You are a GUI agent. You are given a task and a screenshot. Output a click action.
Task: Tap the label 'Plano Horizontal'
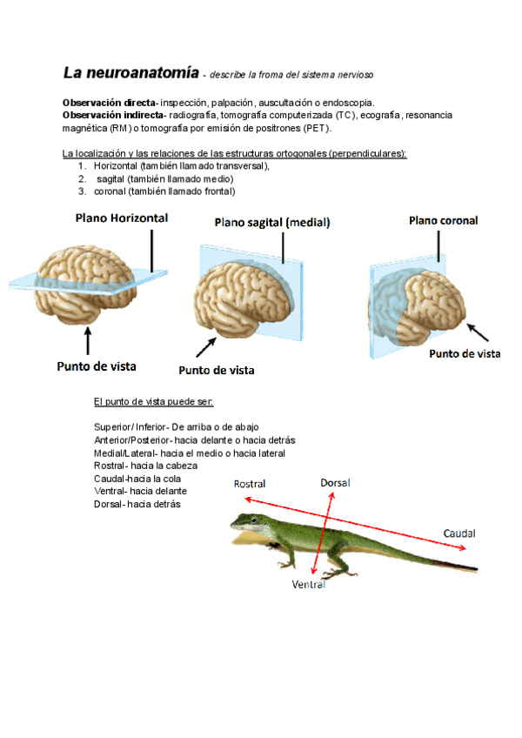point(122,217)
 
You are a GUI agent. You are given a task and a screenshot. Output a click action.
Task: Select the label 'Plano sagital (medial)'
point(272,223)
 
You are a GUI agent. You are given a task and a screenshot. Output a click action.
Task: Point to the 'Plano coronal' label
point(443,221)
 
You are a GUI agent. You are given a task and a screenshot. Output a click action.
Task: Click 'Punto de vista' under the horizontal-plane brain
point(97,366)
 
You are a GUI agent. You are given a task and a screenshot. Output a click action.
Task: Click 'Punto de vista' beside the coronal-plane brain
point(465,353)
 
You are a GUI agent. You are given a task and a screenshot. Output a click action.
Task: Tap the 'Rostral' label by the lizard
point(250,484)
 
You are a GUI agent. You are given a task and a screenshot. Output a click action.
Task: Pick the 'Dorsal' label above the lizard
point(335,482)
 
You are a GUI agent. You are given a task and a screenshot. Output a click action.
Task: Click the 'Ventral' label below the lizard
point(309,585)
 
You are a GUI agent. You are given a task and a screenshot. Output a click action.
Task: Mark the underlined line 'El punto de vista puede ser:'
point(153,401)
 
